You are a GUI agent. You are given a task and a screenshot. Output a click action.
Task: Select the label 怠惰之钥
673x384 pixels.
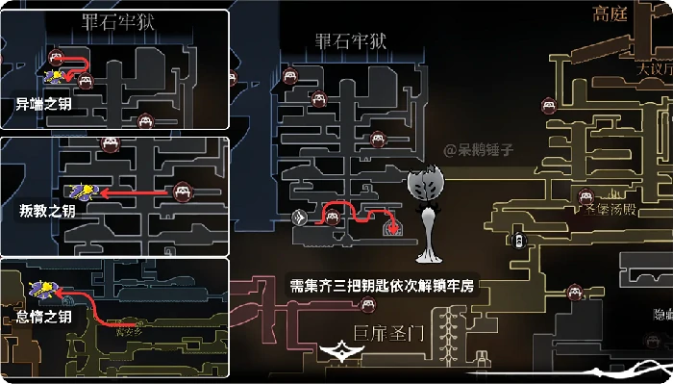(x=44, y=317)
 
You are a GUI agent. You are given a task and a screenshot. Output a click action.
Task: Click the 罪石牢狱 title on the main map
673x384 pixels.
(x=351, y=40)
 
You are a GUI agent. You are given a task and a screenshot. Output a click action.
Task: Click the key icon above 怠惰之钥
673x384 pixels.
(x=44, y=288)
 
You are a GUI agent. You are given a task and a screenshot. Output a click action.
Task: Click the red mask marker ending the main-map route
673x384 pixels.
(x=393, y=227)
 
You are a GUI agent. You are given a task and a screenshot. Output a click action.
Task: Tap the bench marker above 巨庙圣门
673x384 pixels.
(x=366, y=307)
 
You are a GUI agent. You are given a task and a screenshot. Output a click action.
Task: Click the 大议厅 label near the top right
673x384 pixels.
(x=654, y=70)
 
